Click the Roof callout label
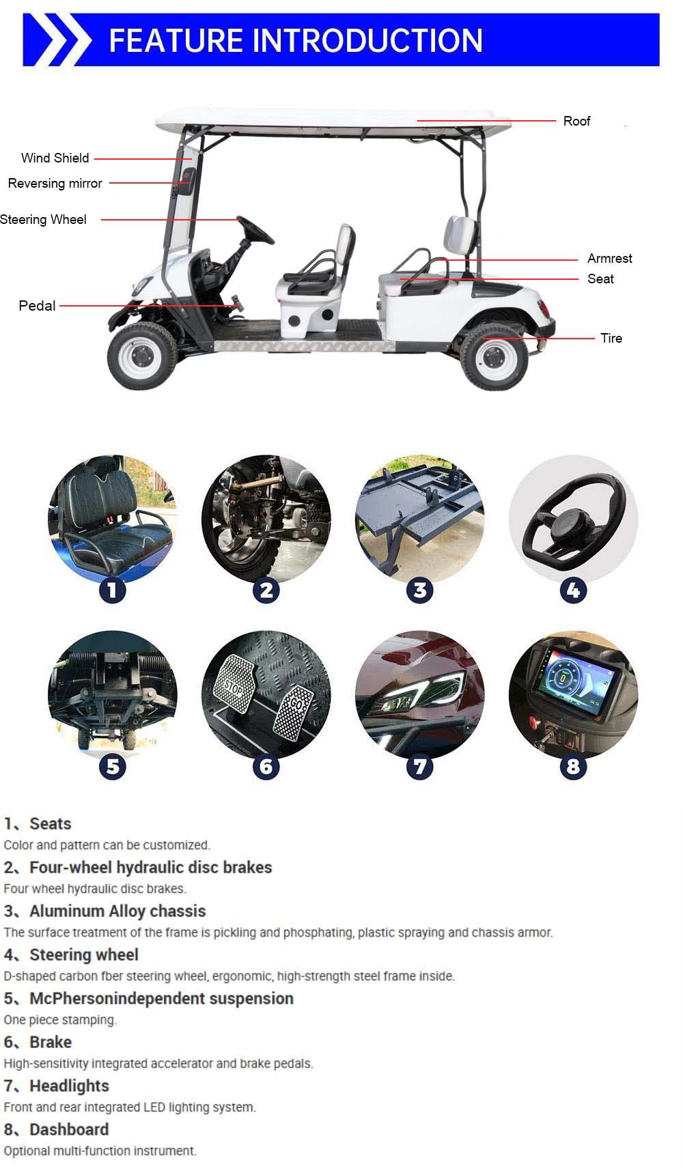pyautogui.click(x=576, y=121)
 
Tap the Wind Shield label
pyautogui.click(x=55, y=158)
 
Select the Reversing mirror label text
pyautogui.click(x=55, y=183)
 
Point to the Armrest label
pyautogui.click(x=609, y=258)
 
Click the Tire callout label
pyautogui.click(x=611, y=338)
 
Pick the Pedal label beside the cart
pyautogui.click(x=37, y=306)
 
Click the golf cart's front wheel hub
pyautogui.click(x=142, y=356)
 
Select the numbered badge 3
pyautogui.click(x=419, y=590)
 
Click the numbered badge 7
pyautogui.click(x=419, y=766)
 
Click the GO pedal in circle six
pyautogui.click(x=294, y=711)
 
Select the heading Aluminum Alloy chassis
pyautogui.click(x=117, y=911)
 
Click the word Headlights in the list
pyautogui.click(x=69, y=1085)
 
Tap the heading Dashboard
pyautogui.click(x=69, y=1129)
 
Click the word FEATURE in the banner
pyautogui.click(x=176, y=40)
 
